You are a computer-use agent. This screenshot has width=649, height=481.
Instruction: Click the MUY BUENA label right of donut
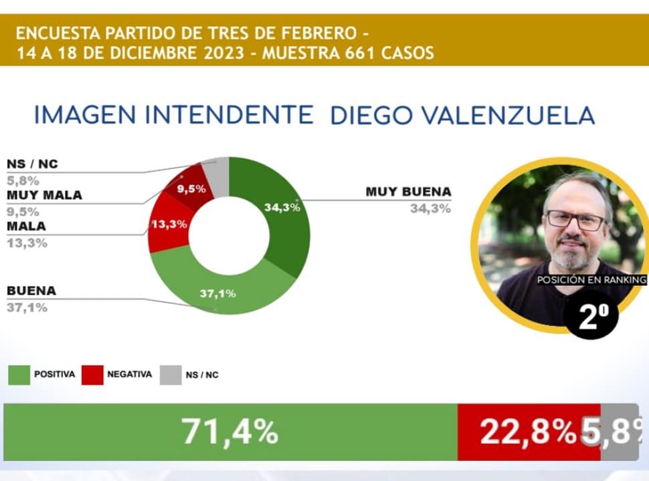(408, 192)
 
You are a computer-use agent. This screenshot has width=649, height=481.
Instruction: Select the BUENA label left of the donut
(31, 291)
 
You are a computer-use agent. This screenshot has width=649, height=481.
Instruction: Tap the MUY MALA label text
(44, 195)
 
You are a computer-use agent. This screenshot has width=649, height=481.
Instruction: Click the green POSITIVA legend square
(19, 374)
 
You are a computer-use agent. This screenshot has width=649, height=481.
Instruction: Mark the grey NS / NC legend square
(170, 374)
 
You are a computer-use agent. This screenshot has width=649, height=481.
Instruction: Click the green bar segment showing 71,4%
(230, 432)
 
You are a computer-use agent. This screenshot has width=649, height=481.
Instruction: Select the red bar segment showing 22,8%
(529, 432)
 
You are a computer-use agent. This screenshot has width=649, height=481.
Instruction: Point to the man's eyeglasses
(575, 220)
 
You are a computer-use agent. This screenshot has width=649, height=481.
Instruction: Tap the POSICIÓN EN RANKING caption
(591, 281)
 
